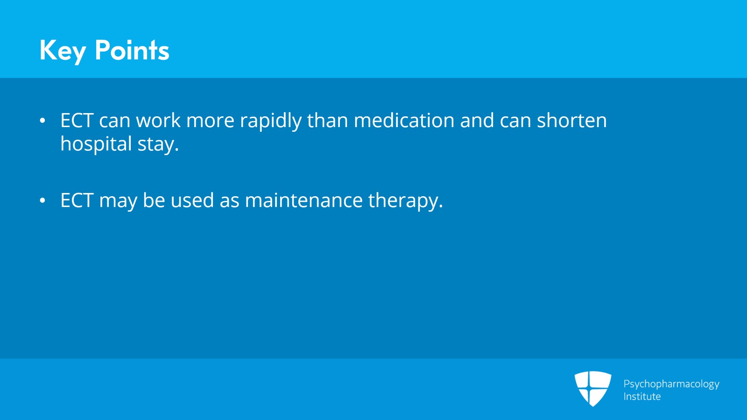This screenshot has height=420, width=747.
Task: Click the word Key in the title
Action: (63, 50)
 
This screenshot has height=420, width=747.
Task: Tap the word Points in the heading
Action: (132, 50)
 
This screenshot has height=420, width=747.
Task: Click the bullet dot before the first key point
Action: (42, 121)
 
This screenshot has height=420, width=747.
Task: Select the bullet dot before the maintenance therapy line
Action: (42, 201)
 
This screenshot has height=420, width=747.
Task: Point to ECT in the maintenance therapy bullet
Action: (77, 200)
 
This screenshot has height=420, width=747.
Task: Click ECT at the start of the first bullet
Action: (77, 121)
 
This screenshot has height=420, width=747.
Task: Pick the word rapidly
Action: (270, 121)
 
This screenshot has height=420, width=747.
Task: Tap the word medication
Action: (404, 121)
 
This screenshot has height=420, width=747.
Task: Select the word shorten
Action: (571, 121)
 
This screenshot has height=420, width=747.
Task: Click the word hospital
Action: (96, 144)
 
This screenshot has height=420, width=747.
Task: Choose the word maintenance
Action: (303, 200)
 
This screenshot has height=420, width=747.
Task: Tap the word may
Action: (118, 201)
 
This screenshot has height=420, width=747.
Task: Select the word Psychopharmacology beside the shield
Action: (671, 384)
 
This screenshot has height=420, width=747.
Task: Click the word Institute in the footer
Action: (642, 397)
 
